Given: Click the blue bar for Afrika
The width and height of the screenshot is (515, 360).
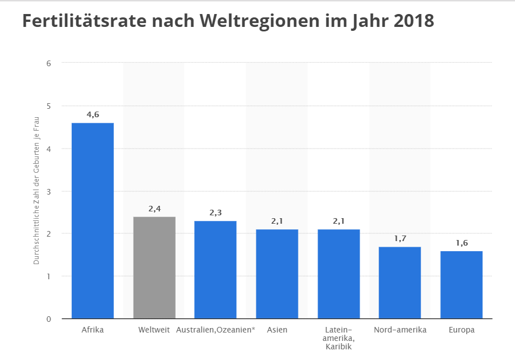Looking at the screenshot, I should pos(93,221).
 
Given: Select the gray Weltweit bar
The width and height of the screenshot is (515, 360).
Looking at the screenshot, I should pos(154,267).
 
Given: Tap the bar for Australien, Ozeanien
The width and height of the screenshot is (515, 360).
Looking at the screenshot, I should pos(215,270).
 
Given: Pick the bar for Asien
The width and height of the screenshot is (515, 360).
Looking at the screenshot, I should pos(277,274).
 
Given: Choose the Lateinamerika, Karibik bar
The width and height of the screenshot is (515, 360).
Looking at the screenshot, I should pos(339,274).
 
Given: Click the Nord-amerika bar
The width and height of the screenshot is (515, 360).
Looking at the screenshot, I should pos(400,283).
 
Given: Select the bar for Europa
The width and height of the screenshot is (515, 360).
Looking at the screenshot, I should pos(462,285).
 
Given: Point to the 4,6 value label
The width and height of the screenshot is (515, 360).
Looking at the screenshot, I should pos(93,114).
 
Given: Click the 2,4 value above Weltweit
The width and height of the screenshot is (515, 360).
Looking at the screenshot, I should pos(154,209).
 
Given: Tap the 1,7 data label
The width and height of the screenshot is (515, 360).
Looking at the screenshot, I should pos(400,238).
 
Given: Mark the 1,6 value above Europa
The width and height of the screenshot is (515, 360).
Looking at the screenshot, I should pos(462,243).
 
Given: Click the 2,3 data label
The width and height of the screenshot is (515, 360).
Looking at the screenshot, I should pos(215,213).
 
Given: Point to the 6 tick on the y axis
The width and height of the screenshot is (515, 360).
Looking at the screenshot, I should pos(49,63).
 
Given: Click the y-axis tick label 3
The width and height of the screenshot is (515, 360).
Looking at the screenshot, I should pos(49,191).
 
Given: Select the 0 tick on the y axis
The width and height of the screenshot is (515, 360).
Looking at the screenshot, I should pos(49,319).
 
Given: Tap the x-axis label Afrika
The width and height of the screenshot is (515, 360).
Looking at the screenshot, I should pos(93,330).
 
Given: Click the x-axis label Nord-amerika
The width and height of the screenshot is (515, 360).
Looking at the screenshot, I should pos(400,330).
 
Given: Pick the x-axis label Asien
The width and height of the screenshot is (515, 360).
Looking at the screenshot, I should pos(277,330).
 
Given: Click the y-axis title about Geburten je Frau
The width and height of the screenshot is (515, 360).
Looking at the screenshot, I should pos(36,191).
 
